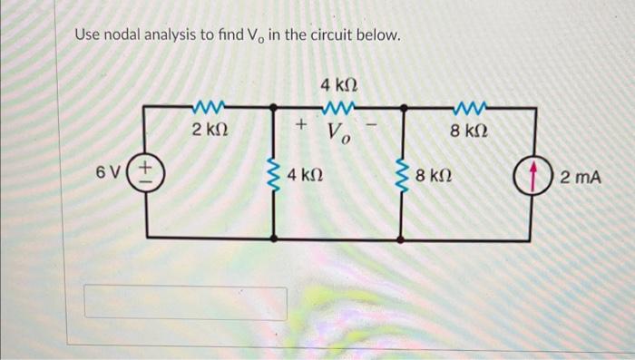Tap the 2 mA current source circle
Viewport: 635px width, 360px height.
tap(527, 174)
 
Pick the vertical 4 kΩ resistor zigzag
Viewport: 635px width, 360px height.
tap(274, 173)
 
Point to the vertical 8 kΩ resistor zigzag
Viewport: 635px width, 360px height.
tap(401, 173)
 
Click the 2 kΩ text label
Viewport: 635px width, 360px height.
tap(210, 131)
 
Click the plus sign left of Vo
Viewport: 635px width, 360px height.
tap(302, 122)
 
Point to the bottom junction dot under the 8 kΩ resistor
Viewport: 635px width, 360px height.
tap(401, 240)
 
